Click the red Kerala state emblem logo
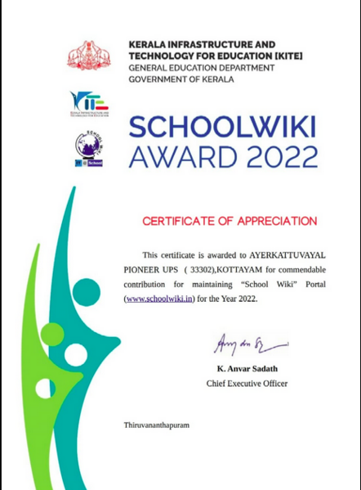87,56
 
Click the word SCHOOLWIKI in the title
222,127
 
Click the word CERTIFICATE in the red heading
180,221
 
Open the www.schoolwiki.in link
160,299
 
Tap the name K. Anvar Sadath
247,369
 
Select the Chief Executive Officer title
247,383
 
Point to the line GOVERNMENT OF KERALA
180,79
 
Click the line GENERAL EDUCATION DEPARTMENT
202,68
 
